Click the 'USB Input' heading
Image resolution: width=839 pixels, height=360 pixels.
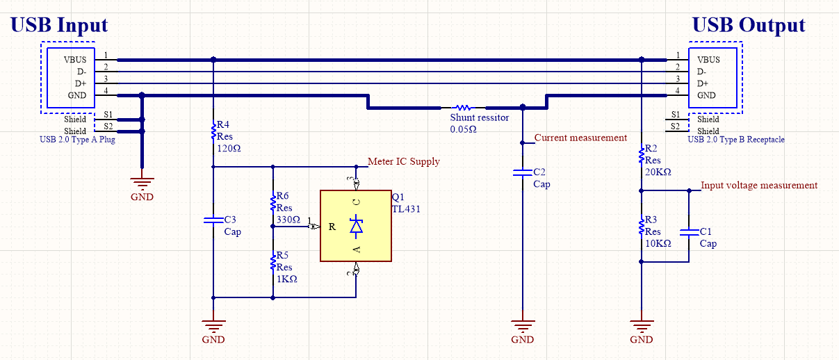[x=59, y=26]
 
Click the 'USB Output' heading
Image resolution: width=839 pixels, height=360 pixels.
[x=749, y=26]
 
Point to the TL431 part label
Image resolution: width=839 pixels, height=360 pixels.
[x=407, y=208]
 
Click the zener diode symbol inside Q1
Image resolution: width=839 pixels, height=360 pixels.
[x=357, y=226]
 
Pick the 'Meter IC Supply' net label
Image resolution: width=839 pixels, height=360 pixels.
[x=403, y=161]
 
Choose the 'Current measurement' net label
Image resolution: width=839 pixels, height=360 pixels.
[x=580, y=138]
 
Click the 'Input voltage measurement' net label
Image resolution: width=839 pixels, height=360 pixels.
[x=759, y=185]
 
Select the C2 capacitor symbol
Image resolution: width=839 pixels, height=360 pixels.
[x=522, y=172]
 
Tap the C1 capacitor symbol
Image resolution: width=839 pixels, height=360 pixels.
[x=688, y=234]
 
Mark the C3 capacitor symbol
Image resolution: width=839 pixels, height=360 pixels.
[x=213, y=221]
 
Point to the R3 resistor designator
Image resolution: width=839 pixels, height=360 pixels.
[x=651, y=219]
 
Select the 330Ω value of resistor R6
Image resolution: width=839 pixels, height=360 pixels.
[x=288, y=220]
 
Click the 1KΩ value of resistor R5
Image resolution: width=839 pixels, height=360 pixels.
[x=286, y=279]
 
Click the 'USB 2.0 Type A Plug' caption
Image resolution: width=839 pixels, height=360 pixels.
[x=78, y=140]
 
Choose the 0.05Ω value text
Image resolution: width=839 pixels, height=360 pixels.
[x=464, y=129]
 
